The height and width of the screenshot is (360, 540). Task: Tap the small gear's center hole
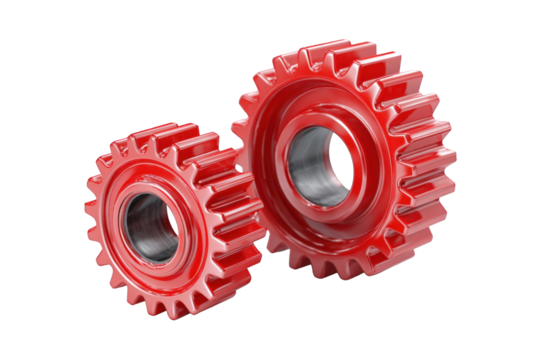click(x=152, y=228)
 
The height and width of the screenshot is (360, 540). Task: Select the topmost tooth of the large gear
click(x=329, y=48)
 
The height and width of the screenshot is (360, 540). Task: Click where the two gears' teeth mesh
click(x=240, y=190)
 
